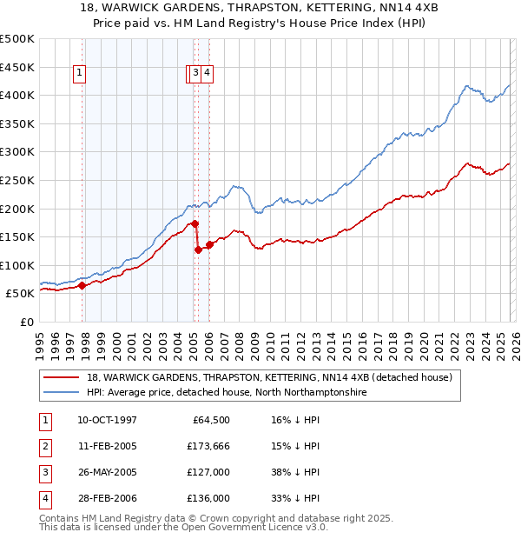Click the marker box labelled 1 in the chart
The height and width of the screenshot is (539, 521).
pos(79,74)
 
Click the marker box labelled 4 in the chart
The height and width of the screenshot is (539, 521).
pos(208,74)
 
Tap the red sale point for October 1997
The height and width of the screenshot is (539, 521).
pos(82,285)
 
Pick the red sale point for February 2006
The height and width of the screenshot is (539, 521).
pos(209,244)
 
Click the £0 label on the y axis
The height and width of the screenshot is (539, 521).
pos(26,322)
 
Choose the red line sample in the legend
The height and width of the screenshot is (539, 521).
pos(62,378)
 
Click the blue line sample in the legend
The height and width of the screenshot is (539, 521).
pos(62,393)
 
